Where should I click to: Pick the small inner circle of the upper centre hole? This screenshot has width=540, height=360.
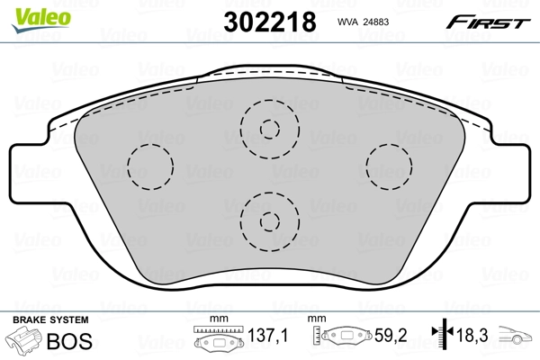[268, 127]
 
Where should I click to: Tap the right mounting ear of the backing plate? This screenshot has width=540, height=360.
[508, 171]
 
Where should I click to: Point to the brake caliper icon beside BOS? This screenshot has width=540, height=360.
[25, 341]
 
